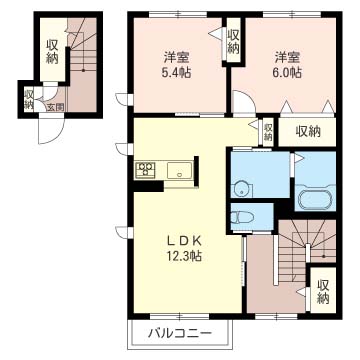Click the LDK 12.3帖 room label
[183, 248]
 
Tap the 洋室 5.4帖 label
[177, 65]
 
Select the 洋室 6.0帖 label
[288, 65]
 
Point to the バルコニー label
[180, 333]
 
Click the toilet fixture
[242, 217]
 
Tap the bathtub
[314, 199]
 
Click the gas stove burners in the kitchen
[145, 168]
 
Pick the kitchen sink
[180, 171]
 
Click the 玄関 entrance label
[55, 107]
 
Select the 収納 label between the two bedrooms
[234, 41]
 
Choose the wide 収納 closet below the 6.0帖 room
[307, 132]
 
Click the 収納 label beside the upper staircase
[52, 52]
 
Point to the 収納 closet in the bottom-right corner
[323, 289]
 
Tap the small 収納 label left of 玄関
[28, 99]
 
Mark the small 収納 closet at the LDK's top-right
[268, 132]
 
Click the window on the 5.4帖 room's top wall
[178, 14]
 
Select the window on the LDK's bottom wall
[179, 316]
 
